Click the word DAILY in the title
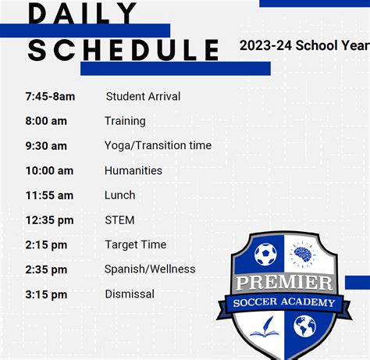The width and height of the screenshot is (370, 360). pos(82,13)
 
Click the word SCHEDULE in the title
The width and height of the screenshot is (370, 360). pos(123,50)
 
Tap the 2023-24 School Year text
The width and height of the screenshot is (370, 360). pos(304,45)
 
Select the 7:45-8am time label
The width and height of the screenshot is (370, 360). pos(50,97)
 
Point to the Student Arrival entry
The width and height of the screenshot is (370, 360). pos(143,97)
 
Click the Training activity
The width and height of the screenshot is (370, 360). pos(125,121)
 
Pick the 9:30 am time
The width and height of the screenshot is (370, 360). pos(46,146)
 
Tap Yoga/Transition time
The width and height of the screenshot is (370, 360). pos(158,145)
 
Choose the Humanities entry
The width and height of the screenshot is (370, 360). pos(133,171)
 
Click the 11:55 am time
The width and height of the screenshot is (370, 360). pos(49,195)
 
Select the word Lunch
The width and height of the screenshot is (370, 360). pos(119,195)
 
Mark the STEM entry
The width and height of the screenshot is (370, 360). pos(119,220)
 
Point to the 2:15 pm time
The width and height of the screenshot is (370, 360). pos(46,245)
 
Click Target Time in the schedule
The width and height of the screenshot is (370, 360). pos(136,245)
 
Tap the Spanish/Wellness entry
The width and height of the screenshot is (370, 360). pos(150,269)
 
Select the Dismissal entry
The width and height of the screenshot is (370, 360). pos(130,294)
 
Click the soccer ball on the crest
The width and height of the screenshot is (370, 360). pos(265,254)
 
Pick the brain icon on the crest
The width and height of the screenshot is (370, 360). pos(303,255)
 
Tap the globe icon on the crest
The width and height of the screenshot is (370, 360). pos(304,326)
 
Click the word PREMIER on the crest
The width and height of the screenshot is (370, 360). pos(284,283)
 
